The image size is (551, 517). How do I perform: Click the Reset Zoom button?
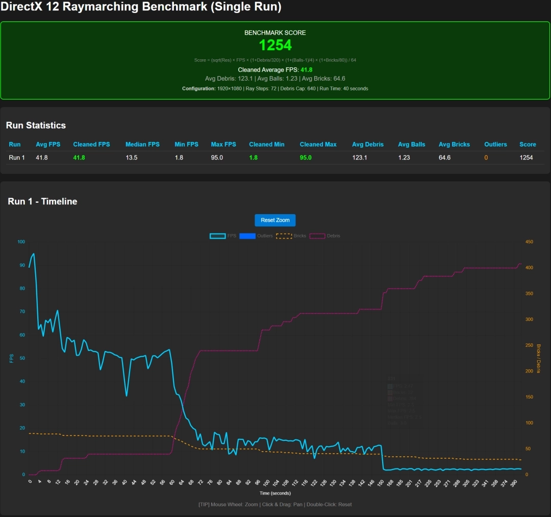[x=275, y=220]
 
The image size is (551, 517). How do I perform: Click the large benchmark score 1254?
[x=275, y=45]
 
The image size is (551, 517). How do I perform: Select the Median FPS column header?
[x=143, y=145]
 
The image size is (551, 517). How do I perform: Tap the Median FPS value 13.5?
[x=132, y=157]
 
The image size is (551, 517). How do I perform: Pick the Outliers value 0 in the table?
[x=486, y=157]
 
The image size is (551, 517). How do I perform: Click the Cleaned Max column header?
[x=318, y=145]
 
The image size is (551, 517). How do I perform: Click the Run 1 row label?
[x=17, y=157]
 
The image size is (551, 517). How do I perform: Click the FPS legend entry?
[x=223, y=236]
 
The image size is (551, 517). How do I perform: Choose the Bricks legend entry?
[x=291, y=236]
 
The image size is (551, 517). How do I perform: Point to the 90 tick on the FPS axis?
[x=21, y=265]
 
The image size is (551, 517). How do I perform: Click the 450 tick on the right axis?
[x=529, y=242]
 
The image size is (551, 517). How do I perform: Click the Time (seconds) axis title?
[x=275, y=493]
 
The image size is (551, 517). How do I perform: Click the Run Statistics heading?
[x=36, y=125]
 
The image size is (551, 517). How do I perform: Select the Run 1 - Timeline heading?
[x=42, y=201]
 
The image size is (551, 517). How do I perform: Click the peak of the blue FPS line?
[x=34, y=253]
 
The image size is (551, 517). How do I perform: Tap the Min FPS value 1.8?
[x=179, y=157]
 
